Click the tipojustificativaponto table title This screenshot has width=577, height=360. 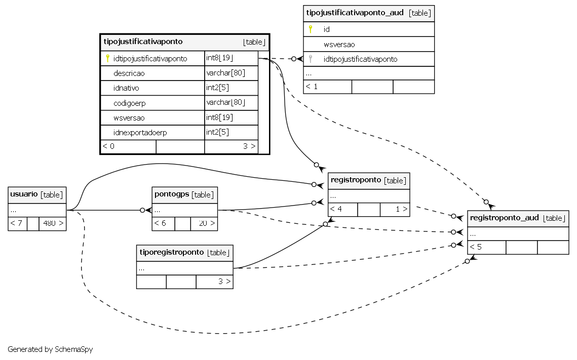coord(143,42)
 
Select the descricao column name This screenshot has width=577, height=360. coord(129,73)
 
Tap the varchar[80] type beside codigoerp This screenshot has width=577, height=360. coord(225,103)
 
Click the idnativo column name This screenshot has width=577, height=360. coord(126,88)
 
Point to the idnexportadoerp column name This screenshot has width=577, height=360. coord(140,132)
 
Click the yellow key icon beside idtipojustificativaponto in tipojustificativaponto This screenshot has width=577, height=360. coord(107,58)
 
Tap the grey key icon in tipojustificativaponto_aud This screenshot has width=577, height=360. coord(311,59)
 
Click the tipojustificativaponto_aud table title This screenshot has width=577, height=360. coord(355,13)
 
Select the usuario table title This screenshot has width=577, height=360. coord(24,194)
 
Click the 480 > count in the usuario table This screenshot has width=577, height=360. coord(53,223)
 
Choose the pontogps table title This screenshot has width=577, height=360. coord(172,194)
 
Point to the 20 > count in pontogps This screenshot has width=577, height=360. coord(207,223)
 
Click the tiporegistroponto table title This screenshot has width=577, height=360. coord(172,252)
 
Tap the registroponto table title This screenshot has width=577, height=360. coord(356,180)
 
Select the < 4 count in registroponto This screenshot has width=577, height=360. coord(336,209)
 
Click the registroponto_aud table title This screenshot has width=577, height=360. coord(504,218)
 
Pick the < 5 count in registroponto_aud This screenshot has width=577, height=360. coord(476,247)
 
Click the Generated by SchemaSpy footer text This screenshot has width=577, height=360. coord(50,349)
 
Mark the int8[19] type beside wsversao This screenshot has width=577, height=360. coord(219,117)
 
